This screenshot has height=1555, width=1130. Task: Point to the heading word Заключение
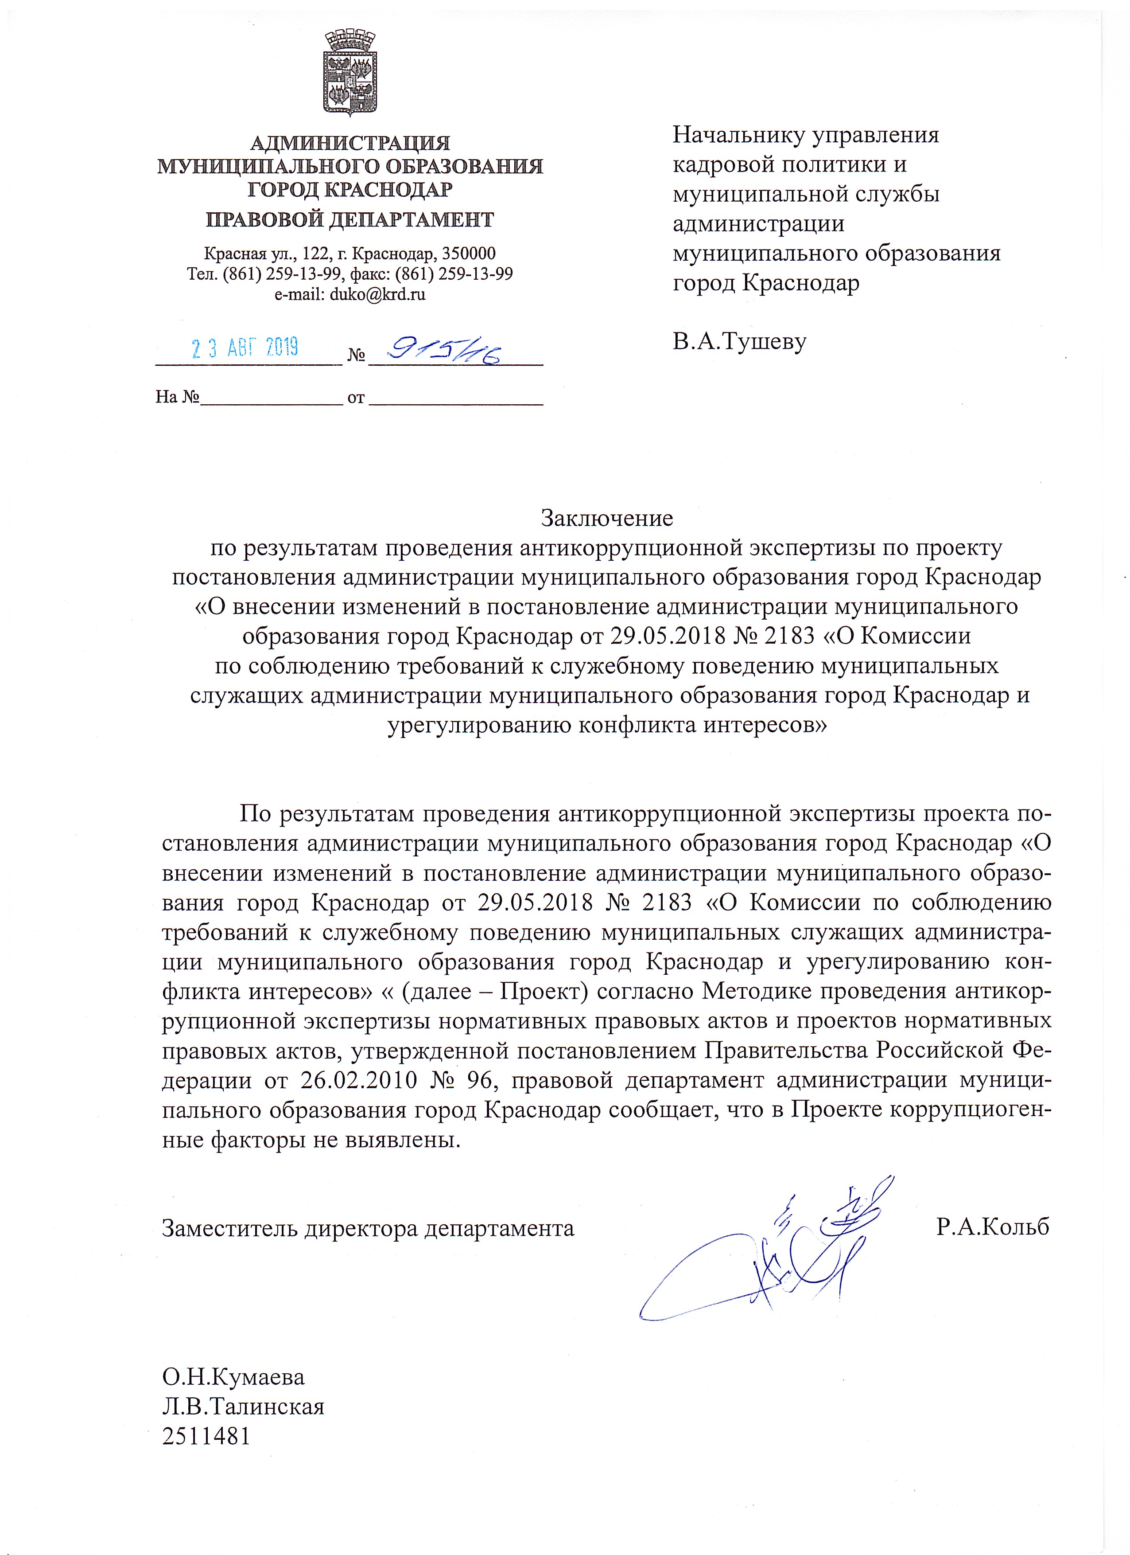click(607, 518)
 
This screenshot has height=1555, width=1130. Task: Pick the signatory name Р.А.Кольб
click(992, 1227)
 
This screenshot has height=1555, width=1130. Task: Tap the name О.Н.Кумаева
click(233, 1377)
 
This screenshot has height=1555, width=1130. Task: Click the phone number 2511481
click(206, 1436)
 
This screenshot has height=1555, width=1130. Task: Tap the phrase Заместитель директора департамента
click(368, 1227)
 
